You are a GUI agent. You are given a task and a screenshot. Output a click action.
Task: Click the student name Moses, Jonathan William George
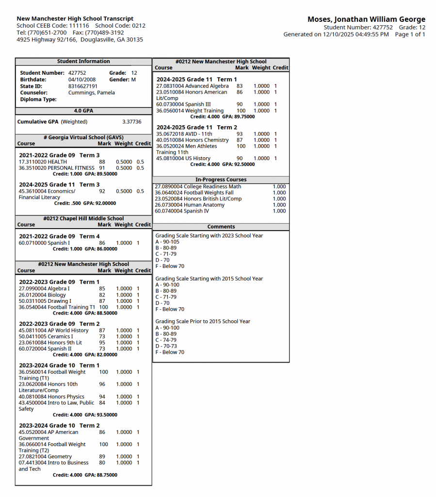(366, 19)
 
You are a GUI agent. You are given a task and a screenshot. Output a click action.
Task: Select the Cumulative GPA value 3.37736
(132, 122)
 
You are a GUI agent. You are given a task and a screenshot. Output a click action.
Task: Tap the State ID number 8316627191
(83, 86)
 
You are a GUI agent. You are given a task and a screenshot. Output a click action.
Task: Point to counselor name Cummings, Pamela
(92, 93)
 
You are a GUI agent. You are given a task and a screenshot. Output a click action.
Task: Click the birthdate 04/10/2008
(82, 80)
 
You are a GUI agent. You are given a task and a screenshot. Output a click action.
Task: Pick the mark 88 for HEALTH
(102, 162)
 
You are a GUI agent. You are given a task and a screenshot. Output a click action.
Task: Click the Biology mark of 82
(102, 295)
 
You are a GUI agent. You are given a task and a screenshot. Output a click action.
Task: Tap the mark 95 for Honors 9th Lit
(102, 343)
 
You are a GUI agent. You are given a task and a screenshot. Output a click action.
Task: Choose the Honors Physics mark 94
(102, 397)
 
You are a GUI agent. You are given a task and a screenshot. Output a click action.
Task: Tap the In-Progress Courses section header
(221, 180)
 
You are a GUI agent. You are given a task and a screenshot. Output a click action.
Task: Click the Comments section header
(221, 227)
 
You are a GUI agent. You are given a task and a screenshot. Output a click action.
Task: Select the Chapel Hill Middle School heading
(83, 218)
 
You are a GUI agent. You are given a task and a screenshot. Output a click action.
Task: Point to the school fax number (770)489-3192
(105, 33)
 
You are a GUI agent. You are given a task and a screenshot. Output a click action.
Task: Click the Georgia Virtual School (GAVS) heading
(83, 137)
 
